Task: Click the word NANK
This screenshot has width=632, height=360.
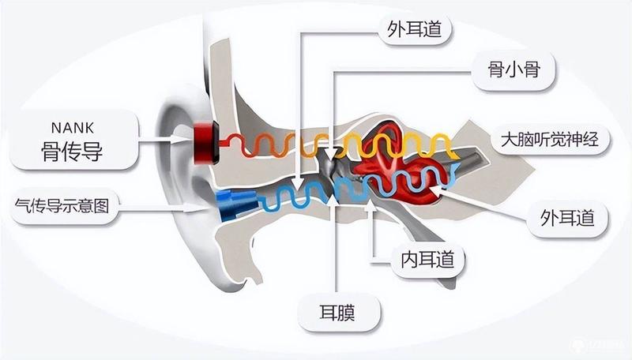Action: point(73,128)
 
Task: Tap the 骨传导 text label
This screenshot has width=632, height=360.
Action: point(72,152)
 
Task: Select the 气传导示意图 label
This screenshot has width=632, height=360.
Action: point(62,206)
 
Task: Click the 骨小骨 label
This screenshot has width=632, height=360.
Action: point(514,70)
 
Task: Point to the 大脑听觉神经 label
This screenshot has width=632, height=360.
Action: point(550,139)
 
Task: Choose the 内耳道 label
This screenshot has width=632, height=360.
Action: point(427,259)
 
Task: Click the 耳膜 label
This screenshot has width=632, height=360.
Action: point(337,313)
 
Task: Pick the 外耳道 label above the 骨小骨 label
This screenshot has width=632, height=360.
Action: point(415,29)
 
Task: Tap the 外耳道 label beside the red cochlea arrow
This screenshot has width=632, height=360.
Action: point(567,218)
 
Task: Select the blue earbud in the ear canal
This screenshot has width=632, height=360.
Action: point(236,205)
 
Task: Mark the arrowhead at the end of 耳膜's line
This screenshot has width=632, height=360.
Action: point(334,199)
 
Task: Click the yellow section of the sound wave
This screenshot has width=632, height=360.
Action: point(397,144)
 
